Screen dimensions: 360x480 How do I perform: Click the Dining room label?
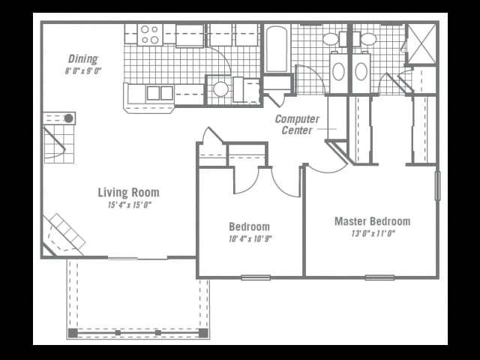pyautogui.click(x=82, y=58)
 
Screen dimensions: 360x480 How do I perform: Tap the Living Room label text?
pyautogui.click(x=128, y=193)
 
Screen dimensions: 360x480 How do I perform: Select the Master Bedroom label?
pyautogui.click(x=372, y=221)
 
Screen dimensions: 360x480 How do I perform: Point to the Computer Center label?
pyautogui.click(x=297, y=124)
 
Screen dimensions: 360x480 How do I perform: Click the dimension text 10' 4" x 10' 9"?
pyautogui.click(x=250, y=239)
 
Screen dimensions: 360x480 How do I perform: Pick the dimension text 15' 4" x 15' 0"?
pyautogui.click(x=128, y=205)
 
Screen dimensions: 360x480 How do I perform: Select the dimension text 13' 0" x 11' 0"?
pyautogui.click(x=373, y=233)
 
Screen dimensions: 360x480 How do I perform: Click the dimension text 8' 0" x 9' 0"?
pyautogui.click(x=82, y=71)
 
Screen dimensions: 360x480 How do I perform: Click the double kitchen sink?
pyautogui.click(x=160, y=93)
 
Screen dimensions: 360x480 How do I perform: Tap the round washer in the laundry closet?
pyautogui.click(x=220, y=89)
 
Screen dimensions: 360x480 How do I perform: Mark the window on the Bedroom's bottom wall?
pyautogui.click(x=256, y=277)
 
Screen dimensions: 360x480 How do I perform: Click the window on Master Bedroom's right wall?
pyautogui.click(x=437, y=186)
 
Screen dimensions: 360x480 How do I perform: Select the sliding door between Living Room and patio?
pyautogui.click(x=137, y=258)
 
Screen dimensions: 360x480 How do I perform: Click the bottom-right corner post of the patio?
pyautogui.click(x=202, y=332)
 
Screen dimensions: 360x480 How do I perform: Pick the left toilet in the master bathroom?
pyautogui.click(x=338, y=72)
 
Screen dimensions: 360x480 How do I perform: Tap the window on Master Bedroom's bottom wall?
pyautogui.click(x=379, y=277)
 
